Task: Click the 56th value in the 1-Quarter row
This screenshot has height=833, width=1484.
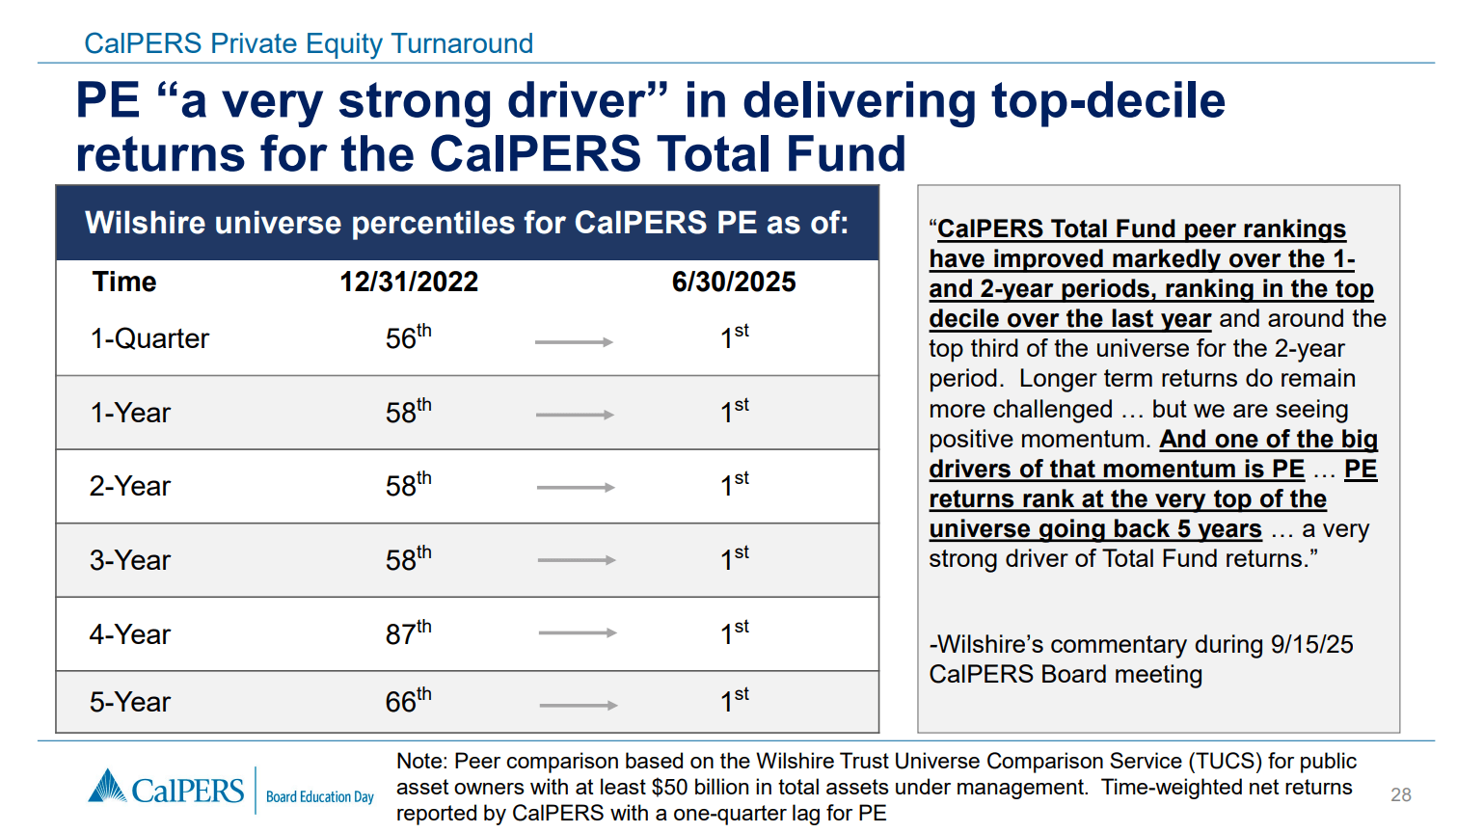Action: (408, 337)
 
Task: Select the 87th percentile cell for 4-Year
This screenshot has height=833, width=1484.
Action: (408, 633)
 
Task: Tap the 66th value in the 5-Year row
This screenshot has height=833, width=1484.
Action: (408, 701)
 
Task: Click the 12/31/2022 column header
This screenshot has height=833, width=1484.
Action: (409, 282)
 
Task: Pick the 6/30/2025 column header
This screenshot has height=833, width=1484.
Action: (734, 282)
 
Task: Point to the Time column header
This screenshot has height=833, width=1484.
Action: (124, 282)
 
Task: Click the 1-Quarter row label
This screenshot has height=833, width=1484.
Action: (149, 338)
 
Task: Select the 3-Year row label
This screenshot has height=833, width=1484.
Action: (130, 560)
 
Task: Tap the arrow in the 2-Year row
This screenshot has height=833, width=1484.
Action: (576, 488)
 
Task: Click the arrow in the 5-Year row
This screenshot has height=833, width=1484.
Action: (579, 706)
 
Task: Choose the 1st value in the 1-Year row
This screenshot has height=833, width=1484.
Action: (734, 412)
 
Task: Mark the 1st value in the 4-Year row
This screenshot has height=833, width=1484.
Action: (734, 633)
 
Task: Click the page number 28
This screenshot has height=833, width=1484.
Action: (1400, 794)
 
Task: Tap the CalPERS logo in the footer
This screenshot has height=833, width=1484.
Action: (167, 790)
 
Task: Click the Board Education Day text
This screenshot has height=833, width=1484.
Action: (319, 797)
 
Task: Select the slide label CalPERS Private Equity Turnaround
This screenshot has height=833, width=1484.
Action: (309, 43)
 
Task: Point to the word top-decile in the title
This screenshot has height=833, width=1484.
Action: (1108, 100)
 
